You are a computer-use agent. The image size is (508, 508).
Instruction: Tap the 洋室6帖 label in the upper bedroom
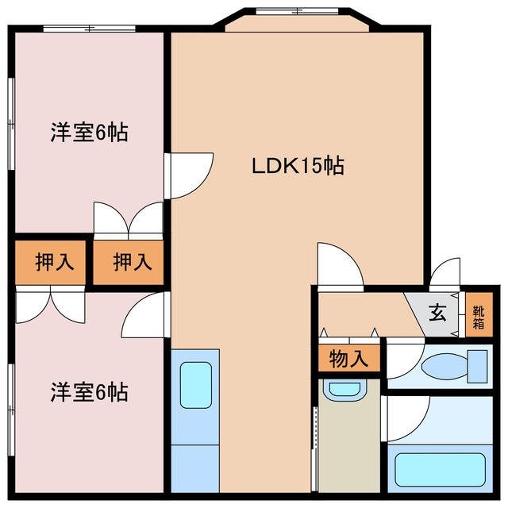tap(89, 133)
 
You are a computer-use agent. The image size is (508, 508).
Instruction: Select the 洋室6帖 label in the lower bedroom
tap(89, 391)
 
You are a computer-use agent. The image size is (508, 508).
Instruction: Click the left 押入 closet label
tap(53, 262)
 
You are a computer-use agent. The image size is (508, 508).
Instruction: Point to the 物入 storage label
tap(349, 359)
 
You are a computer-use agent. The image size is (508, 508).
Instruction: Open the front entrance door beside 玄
tap(444, 274)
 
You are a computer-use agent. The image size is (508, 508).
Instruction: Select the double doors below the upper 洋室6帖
tap(129, 219)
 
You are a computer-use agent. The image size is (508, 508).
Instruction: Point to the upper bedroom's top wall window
tap(89, 29)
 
